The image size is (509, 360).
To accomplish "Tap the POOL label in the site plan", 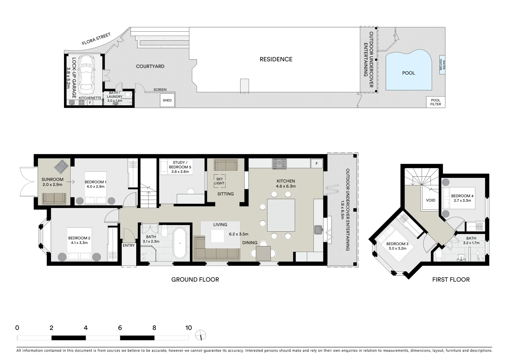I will [x=408, y=73].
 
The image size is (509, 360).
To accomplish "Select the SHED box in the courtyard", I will [x=167, y=100].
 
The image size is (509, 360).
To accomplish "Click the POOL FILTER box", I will [x=435, y=102].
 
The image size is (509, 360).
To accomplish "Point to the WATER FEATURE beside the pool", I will [x=442, y=65].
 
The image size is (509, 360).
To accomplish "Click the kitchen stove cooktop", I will [x=279, y=163].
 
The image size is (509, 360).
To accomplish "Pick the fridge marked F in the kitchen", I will [x=316, y=163].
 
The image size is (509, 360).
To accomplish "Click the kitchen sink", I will [x=318, y=229].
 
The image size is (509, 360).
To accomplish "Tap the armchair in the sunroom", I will [x=62, y=166].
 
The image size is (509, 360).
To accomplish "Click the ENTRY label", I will [x=129, y=246].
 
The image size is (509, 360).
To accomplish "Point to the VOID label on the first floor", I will [x=431, y=201].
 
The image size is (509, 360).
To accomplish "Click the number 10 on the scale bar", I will [x=189, y=328].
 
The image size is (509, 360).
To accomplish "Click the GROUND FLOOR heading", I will [x=195, y=279].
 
